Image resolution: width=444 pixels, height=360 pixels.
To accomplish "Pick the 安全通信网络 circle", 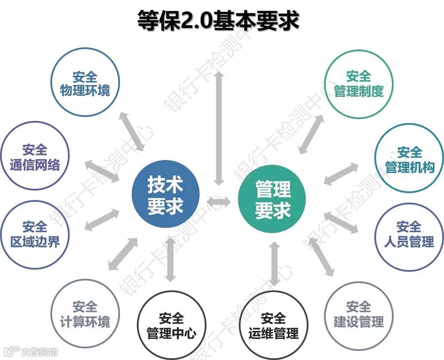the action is (x=34, y=157).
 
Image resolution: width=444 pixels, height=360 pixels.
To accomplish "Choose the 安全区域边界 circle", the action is (x=34, y=234).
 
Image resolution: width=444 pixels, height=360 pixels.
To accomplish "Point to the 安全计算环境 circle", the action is (x=85, y=314).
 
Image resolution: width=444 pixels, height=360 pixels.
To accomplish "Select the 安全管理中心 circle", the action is (x=171, y=326).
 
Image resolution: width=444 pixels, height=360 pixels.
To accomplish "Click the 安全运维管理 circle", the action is (x=273, y=326).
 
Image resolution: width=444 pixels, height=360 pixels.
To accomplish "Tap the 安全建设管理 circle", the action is (x=358, y=314).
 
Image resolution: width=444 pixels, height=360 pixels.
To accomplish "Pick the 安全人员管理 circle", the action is (x=409, y=234).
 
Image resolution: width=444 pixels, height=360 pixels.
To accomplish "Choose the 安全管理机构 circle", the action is (x=409, y=159).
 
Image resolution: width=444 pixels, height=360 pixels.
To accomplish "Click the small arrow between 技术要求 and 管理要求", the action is (x=219, y=201).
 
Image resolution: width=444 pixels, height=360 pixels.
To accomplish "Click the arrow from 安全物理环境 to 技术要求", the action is (x=132, y=131).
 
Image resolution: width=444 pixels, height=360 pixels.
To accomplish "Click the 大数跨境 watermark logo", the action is (x=30, y=352).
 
